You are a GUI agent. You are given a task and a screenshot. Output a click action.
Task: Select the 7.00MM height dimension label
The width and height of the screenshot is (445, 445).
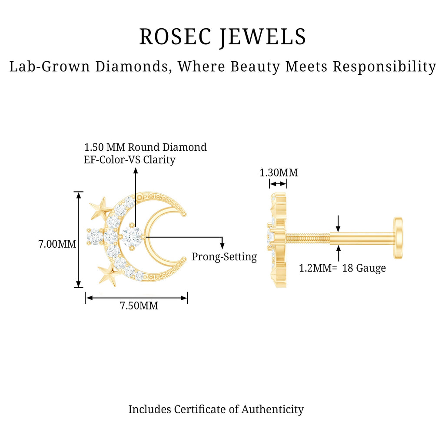(x=57, y=244)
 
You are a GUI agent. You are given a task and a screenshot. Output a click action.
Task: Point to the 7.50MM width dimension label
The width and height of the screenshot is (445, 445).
(x=139, y=306)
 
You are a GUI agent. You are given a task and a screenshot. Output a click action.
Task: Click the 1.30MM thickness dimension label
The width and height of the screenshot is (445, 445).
(x=279, y=173)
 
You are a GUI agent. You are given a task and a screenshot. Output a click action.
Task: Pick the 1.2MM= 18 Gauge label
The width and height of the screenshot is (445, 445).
(x=342, y=268)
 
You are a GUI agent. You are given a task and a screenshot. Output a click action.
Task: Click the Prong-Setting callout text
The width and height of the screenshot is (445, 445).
(x=224, y=257)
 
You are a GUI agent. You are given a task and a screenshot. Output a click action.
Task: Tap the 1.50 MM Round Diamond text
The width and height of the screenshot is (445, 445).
(x=145, y=147)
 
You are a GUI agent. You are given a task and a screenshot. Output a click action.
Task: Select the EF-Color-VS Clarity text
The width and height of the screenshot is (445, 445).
(x=130, y=159)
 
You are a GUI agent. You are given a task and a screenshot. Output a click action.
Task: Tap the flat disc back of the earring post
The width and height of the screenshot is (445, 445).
(x=398, y=238)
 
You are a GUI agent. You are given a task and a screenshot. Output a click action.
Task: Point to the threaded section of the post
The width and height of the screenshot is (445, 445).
(x=308, y=238)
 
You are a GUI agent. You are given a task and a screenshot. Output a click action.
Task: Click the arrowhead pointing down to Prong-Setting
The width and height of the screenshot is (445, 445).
(x=222, y=246)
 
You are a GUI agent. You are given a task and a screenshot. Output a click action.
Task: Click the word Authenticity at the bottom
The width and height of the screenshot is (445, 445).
(x=272, y=409)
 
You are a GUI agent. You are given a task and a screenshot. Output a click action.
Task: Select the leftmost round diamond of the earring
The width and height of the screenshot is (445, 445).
(x=94, y=237)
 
